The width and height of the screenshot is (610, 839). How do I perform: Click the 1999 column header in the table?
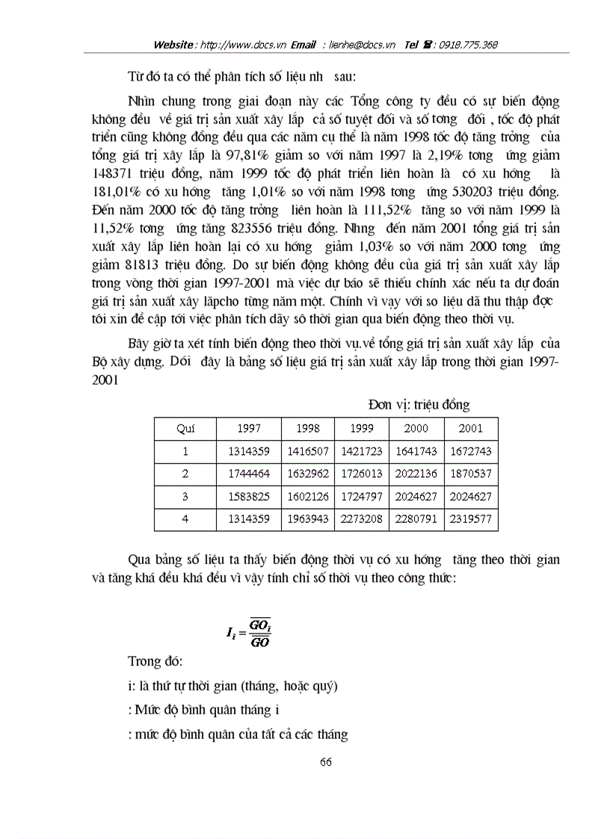[362, 429]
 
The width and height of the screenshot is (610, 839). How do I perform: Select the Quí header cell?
[185, 429]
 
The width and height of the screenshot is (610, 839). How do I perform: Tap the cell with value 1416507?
[308, 452]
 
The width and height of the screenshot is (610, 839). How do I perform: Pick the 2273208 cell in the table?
[362, 519]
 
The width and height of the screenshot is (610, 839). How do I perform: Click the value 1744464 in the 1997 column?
[249, 474]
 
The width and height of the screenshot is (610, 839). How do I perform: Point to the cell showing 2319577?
[472, 519]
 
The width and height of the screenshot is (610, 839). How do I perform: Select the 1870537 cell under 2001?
[472, 474]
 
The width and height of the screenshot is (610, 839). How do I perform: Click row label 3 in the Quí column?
[185, 497]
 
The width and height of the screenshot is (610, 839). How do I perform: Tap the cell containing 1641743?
[416, 452]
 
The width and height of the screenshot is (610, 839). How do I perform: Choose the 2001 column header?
[472, 429]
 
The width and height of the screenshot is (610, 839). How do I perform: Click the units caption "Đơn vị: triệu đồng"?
[419, 405]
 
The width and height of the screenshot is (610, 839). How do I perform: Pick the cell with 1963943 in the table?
[308, 519]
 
